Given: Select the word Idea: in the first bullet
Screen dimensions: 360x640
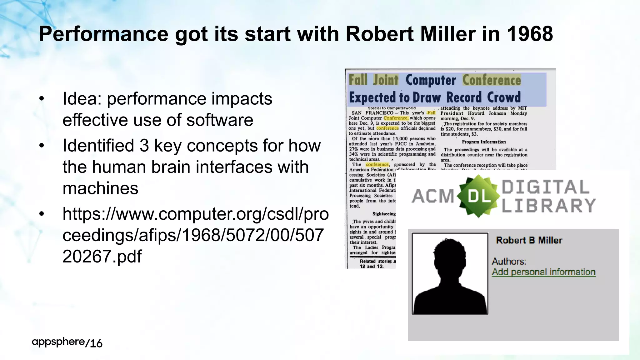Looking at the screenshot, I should point(82,99).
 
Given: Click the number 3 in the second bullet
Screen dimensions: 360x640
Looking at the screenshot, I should point(144,146).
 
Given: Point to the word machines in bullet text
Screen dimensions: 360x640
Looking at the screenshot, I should point(100,188).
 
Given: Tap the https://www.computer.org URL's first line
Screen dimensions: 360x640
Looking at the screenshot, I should point(195,214).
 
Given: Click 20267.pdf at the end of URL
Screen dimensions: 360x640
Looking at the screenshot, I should point(102,257).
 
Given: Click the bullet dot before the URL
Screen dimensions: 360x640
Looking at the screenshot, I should point(42,214).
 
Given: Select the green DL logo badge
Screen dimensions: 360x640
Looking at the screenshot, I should point(478,196).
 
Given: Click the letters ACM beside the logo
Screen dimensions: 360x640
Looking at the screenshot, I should point(433,196).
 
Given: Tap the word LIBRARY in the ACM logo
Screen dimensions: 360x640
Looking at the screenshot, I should point(548,205).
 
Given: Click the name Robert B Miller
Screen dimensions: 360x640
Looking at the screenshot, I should point(529,240).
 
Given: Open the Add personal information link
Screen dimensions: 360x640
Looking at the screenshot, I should point(543,272).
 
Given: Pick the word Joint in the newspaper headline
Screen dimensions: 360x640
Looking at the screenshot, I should point(386,80).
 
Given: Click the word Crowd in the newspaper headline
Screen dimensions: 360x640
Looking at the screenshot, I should point(504,97).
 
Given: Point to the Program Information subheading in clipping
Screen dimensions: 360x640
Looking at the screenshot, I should point(484,142).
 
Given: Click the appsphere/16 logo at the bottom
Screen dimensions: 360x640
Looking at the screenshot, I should point(67,342).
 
